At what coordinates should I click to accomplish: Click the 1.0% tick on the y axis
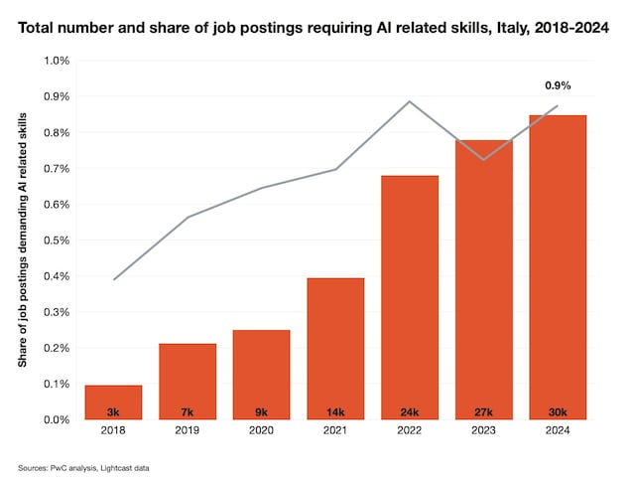pos(56,61)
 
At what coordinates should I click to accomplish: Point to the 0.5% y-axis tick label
pos(56,241)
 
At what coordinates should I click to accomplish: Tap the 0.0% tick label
pos(56,419)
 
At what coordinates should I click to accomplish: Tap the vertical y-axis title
pos(23,241)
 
